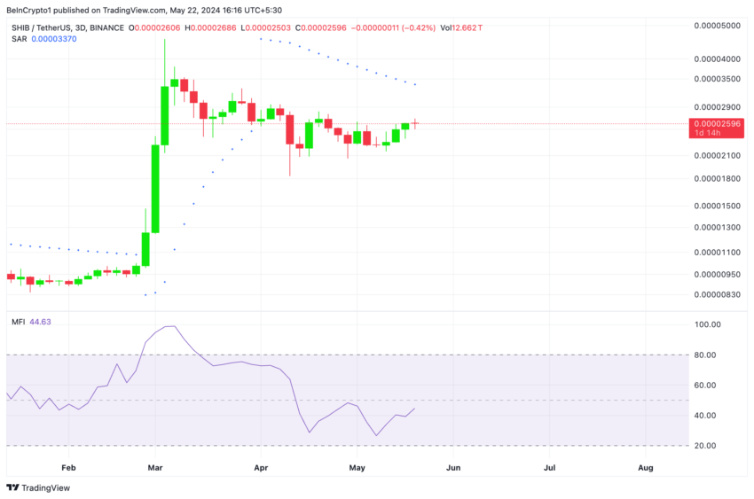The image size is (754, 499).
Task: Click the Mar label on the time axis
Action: (155, 466)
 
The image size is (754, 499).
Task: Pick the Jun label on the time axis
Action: (452, 466)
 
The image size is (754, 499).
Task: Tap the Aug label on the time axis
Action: (646, 466)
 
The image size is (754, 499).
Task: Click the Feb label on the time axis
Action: (68, 466)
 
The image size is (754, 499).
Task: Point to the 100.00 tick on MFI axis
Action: (708, 325)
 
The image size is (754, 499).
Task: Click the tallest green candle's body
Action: (155, 188)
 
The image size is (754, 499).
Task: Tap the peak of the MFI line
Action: (169, 326)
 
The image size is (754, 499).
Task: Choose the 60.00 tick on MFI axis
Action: (708, 386)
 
